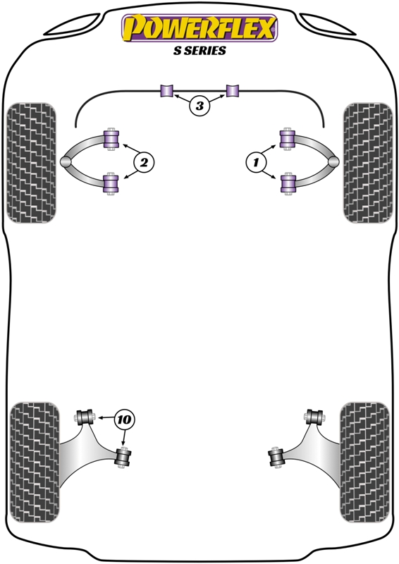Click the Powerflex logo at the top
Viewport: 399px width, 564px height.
tap(199, 28)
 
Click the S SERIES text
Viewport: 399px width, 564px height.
tap(199, 51)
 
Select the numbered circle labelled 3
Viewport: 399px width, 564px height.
tap(199, 106)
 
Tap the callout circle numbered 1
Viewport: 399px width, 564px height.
tap(256, 163)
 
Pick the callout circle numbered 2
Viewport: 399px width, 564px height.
tap(144, 163)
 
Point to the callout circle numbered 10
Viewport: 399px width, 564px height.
tap(124, 419)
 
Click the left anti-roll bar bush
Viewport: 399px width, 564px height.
tap(166, 91)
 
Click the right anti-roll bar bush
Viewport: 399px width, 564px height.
tap(232, 91)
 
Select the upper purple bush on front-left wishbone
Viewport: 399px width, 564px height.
tap(111, 139)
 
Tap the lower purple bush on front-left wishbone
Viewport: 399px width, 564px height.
tap(111, 184)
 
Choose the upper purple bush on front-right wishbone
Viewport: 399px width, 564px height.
tap(288, 139)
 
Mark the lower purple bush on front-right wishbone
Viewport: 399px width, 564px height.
tap(288, 183)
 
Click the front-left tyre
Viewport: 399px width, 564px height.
tap(31, 163)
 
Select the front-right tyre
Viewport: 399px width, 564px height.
tap(368, 163)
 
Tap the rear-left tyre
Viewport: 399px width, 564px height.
tap(35, 462)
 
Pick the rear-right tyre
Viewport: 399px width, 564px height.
tap(365, 462)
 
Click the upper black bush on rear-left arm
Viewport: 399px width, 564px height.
tap(85, 417)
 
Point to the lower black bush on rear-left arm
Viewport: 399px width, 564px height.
tap(123, 457)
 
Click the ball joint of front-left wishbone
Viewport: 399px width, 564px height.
tap(66, 162)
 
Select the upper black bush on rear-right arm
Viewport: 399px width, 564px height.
tap(315, 417)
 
